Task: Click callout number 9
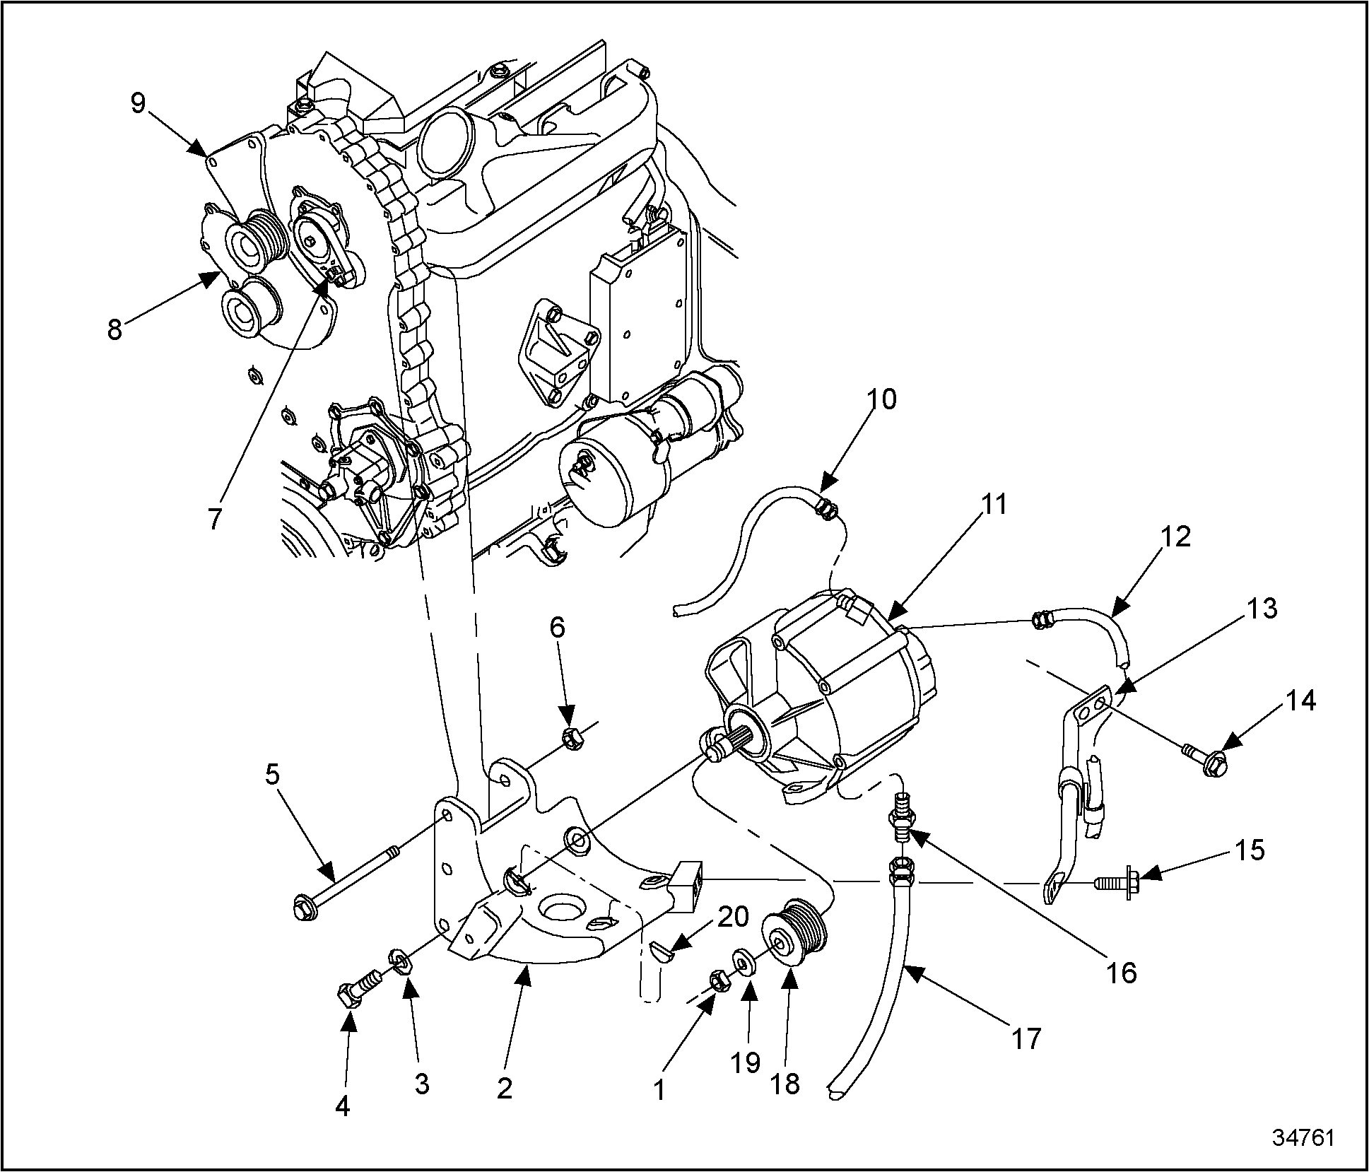click(x=138, y=103)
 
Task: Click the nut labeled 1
click(x=718, y=982)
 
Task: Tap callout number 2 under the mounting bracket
click(x=504, y=1089)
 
